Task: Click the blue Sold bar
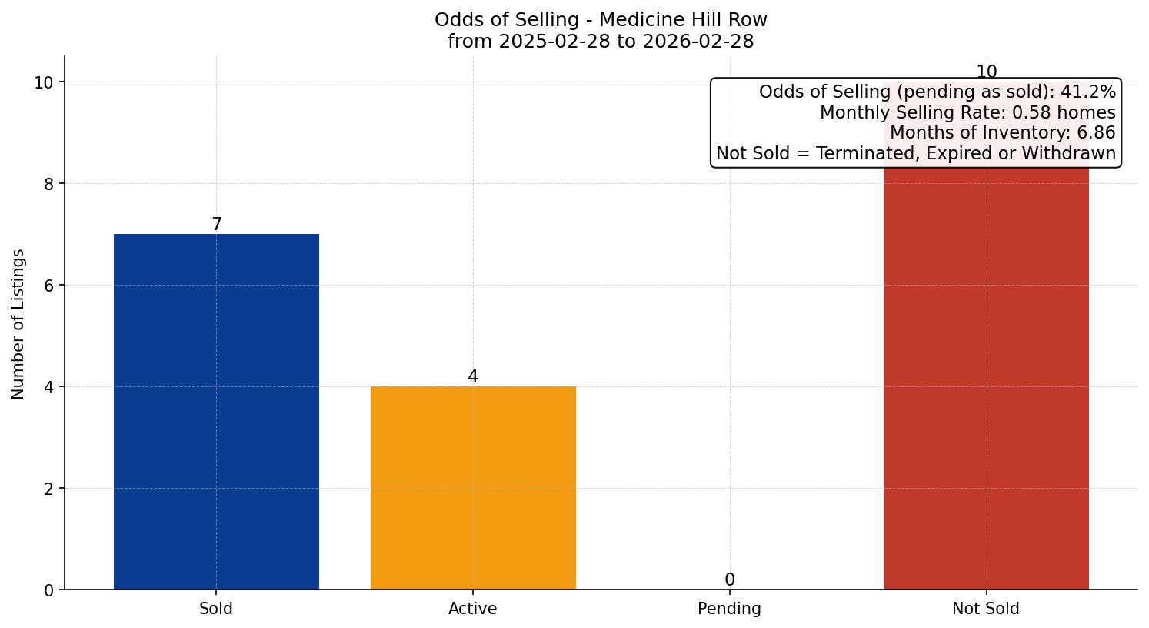[216, 412]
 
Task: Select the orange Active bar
[473, 488]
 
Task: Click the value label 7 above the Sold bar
[217, 225]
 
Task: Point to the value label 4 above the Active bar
[473, 377]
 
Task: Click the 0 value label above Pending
[730, 580]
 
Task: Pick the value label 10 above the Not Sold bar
[986, 72]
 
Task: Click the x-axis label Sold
[216, 609]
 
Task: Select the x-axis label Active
[473, 609]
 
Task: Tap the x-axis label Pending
[729, 609]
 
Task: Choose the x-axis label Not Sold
[986, 609]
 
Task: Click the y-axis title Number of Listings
[18, 323]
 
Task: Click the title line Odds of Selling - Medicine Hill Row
[601, 20]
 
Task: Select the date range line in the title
[601, 42]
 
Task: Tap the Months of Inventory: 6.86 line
[1002, 132]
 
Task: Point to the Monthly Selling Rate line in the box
[967, 112]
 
